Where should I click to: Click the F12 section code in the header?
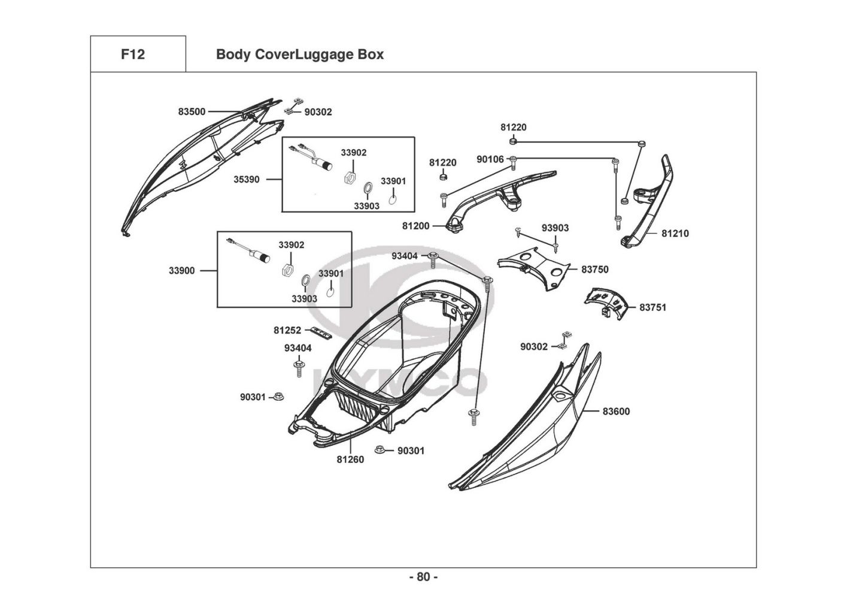(x=133, y=55)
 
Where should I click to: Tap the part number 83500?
(x=192, y=111)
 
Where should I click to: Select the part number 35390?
(x=247, y=179)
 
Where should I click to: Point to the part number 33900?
(x=181, y=271)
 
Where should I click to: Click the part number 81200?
(x=415, y=226)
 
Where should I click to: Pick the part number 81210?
(x=675, y=234)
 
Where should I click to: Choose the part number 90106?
(x=490, y=159)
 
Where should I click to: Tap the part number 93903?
(x=555, y=228)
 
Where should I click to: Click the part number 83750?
(x=595, y=270)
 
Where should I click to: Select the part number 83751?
(x=652, y=307)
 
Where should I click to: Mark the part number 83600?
(x=616, y=412)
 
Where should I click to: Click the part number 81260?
(x=350, y=460)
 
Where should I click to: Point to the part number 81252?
(x=287, y=330)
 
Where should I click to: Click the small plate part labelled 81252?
(x=321, y=332)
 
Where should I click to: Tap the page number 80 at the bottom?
(x=423, y=577)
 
